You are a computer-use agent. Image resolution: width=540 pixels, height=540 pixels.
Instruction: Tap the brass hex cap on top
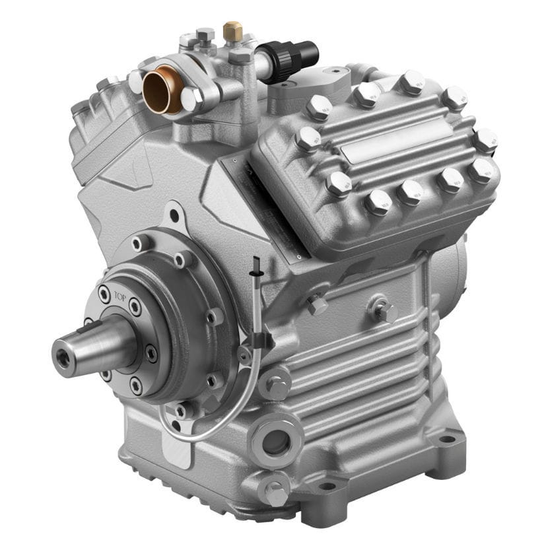(x=232, y=30)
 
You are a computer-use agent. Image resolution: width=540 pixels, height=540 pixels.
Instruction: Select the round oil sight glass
(x=275, y=442)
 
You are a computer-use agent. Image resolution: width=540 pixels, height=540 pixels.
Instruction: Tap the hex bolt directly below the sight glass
(x=275, y=492)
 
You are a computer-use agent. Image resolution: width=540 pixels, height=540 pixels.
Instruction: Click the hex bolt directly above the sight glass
(x=276, y=388)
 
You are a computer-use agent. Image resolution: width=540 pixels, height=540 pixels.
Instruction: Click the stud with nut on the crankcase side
(x=381, y=310)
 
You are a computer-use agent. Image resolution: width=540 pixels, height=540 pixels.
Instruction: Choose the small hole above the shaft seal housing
(x=174, y=215)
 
